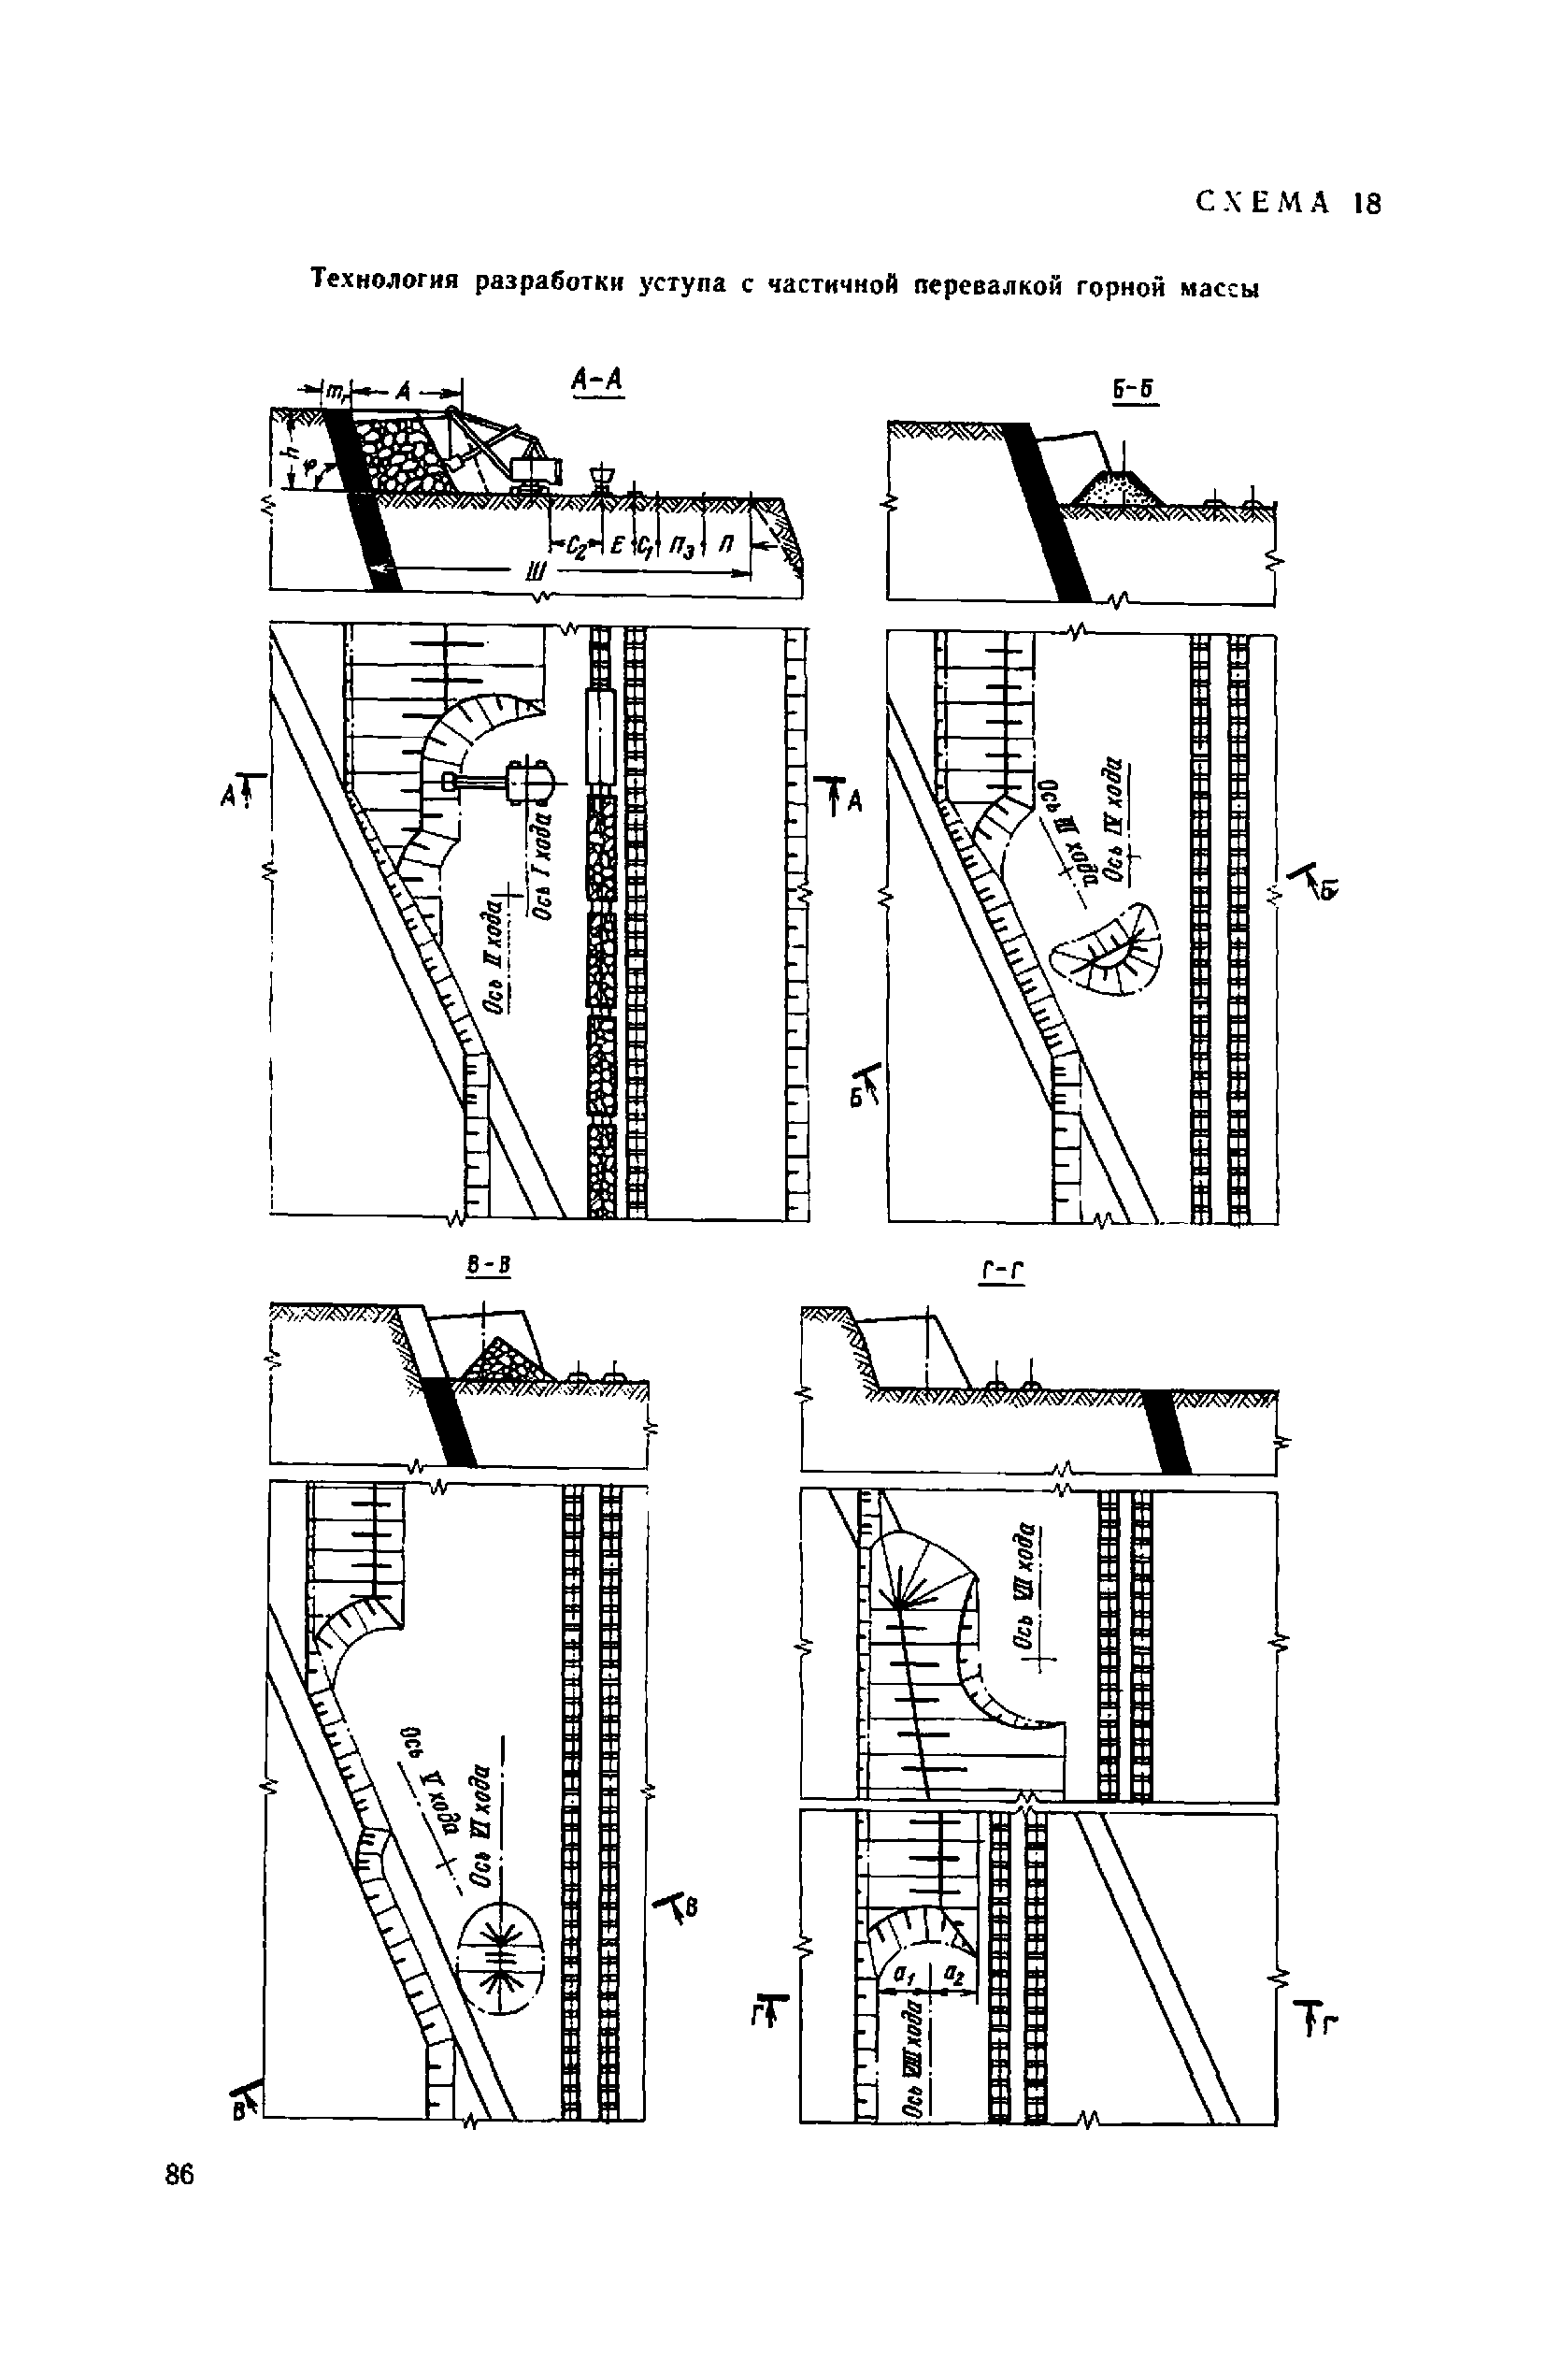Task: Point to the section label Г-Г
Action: coord(1003,1271)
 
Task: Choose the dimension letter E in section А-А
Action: coord(618,544)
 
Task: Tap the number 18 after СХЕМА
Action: coord(1367,205)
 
